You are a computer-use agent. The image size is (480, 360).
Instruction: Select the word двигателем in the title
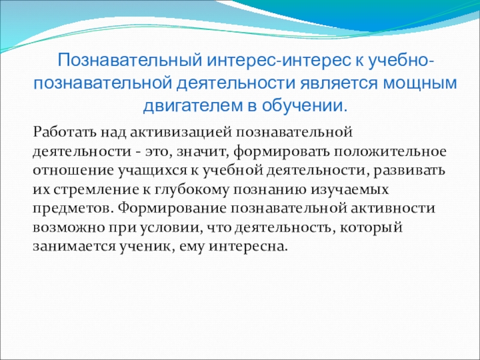[191, 106]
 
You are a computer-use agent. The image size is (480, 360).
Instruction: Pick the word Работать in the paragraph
[65, 132]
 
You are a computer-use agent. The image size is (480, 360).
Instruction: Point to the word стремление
[97, 190]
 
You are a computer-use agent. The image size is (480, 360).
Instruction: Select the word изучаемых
[350, 190]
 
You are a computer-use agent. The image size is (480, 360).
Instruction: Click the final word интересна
[248, 247]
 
